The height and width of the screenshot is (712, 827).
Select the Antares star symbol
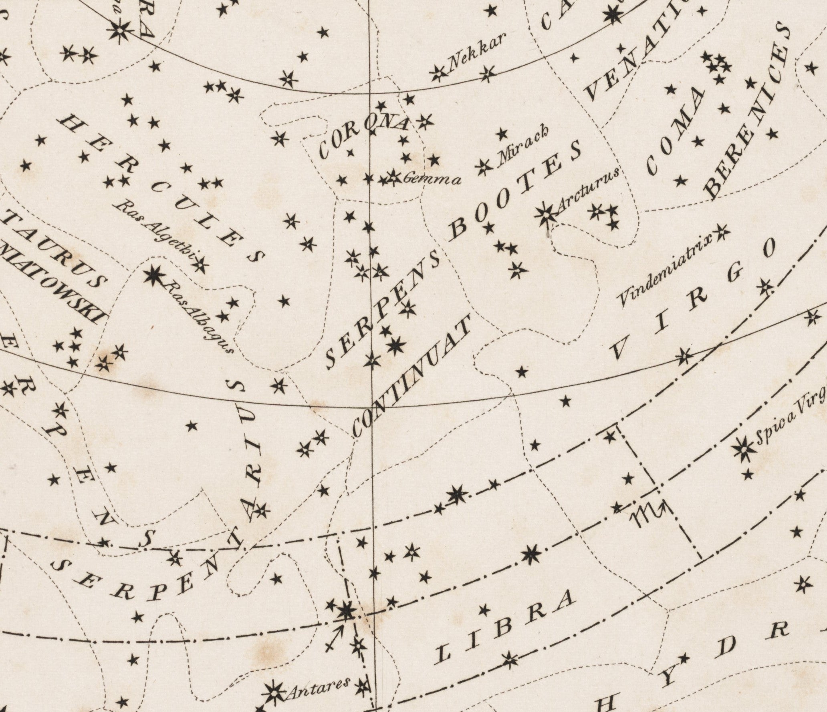274,691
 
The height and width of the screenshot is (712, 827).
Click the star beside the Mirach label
484,166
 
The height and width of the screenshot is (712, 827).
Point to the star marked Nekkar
439,74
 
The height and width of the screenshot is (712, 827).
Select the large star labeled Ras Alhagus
154,275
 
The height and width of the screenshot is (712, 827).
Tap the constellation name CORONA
365,136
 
